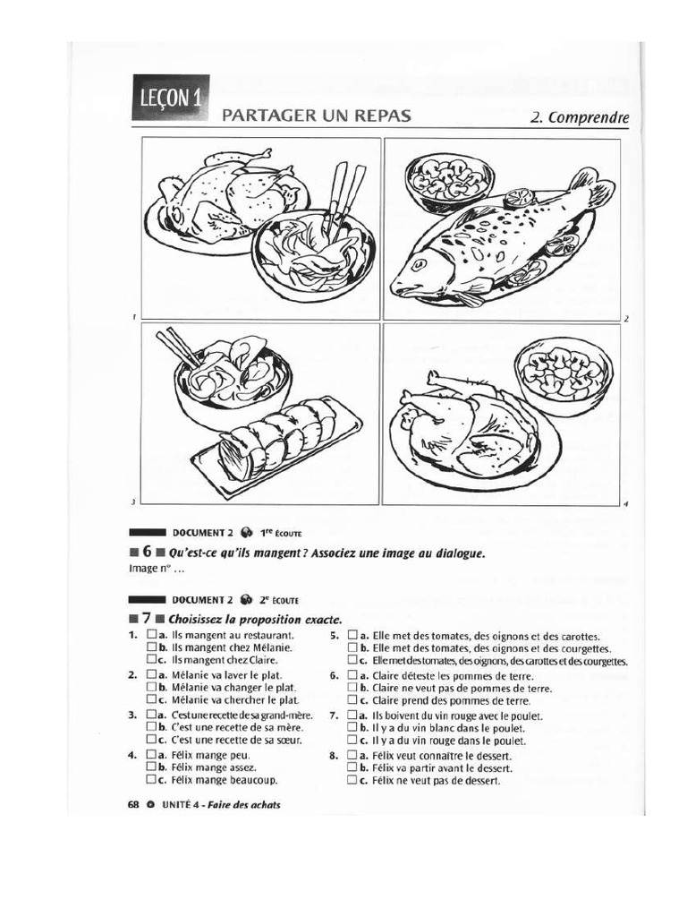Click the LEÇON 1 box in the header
[x=170, y=97]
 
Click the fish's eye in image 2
[x=418, y=265]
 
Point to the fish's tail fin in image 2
[x=591, y=187]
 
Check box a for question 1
[x=150, y=634]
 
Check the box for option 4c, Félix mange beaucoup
[x=150, y=780]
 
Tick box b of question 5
[x=352, y=647]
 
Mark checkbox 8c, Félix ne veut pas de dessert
[x=352, y=781]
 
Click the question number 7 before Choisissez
[x=145, y=619]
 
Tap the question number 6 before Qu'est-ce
[x=145, y=553]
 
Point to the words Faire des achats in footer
[x=245, y=804]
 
